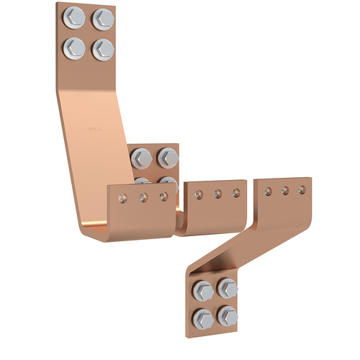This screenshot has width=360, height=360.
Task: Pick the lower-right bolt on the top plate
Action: pos(102,48)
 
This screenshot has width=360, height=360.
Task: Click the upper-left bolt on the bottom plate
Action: pos(202,289)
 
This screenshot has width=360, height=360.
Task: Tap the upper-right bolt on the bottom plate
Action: pos(228,289)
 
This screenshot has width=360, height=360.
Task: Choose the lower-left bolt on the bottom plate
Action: pos(202,315)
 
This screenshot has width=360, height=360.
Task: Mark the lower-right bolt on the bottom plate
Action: pos(228,315)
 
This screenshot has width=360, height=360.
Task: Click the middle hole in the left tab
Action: pos(144,196)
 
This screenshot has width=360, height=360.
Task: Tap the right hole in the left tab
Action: pos(163,195)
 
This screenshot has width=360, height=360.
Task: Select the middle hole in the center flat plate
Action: pos(218,193)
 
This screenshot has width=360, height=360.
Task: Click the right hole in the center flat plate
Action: pos(235,192)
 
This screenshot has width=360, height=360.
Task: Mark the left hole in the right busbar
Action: pos(268,192)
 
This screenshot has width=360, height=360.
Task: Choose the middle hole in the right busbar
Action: pos(285,191)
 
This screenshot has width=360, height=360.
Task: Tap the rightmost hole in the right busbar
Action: pos(302,190)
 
